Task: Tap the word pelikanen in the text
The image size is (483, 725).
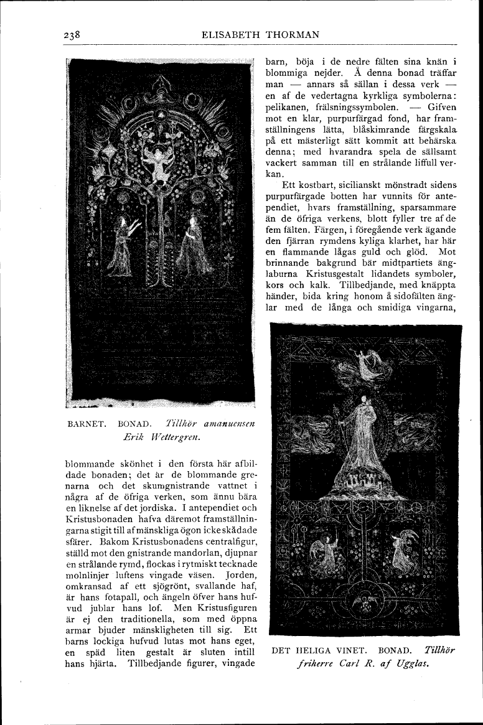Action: coord(286,106)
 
